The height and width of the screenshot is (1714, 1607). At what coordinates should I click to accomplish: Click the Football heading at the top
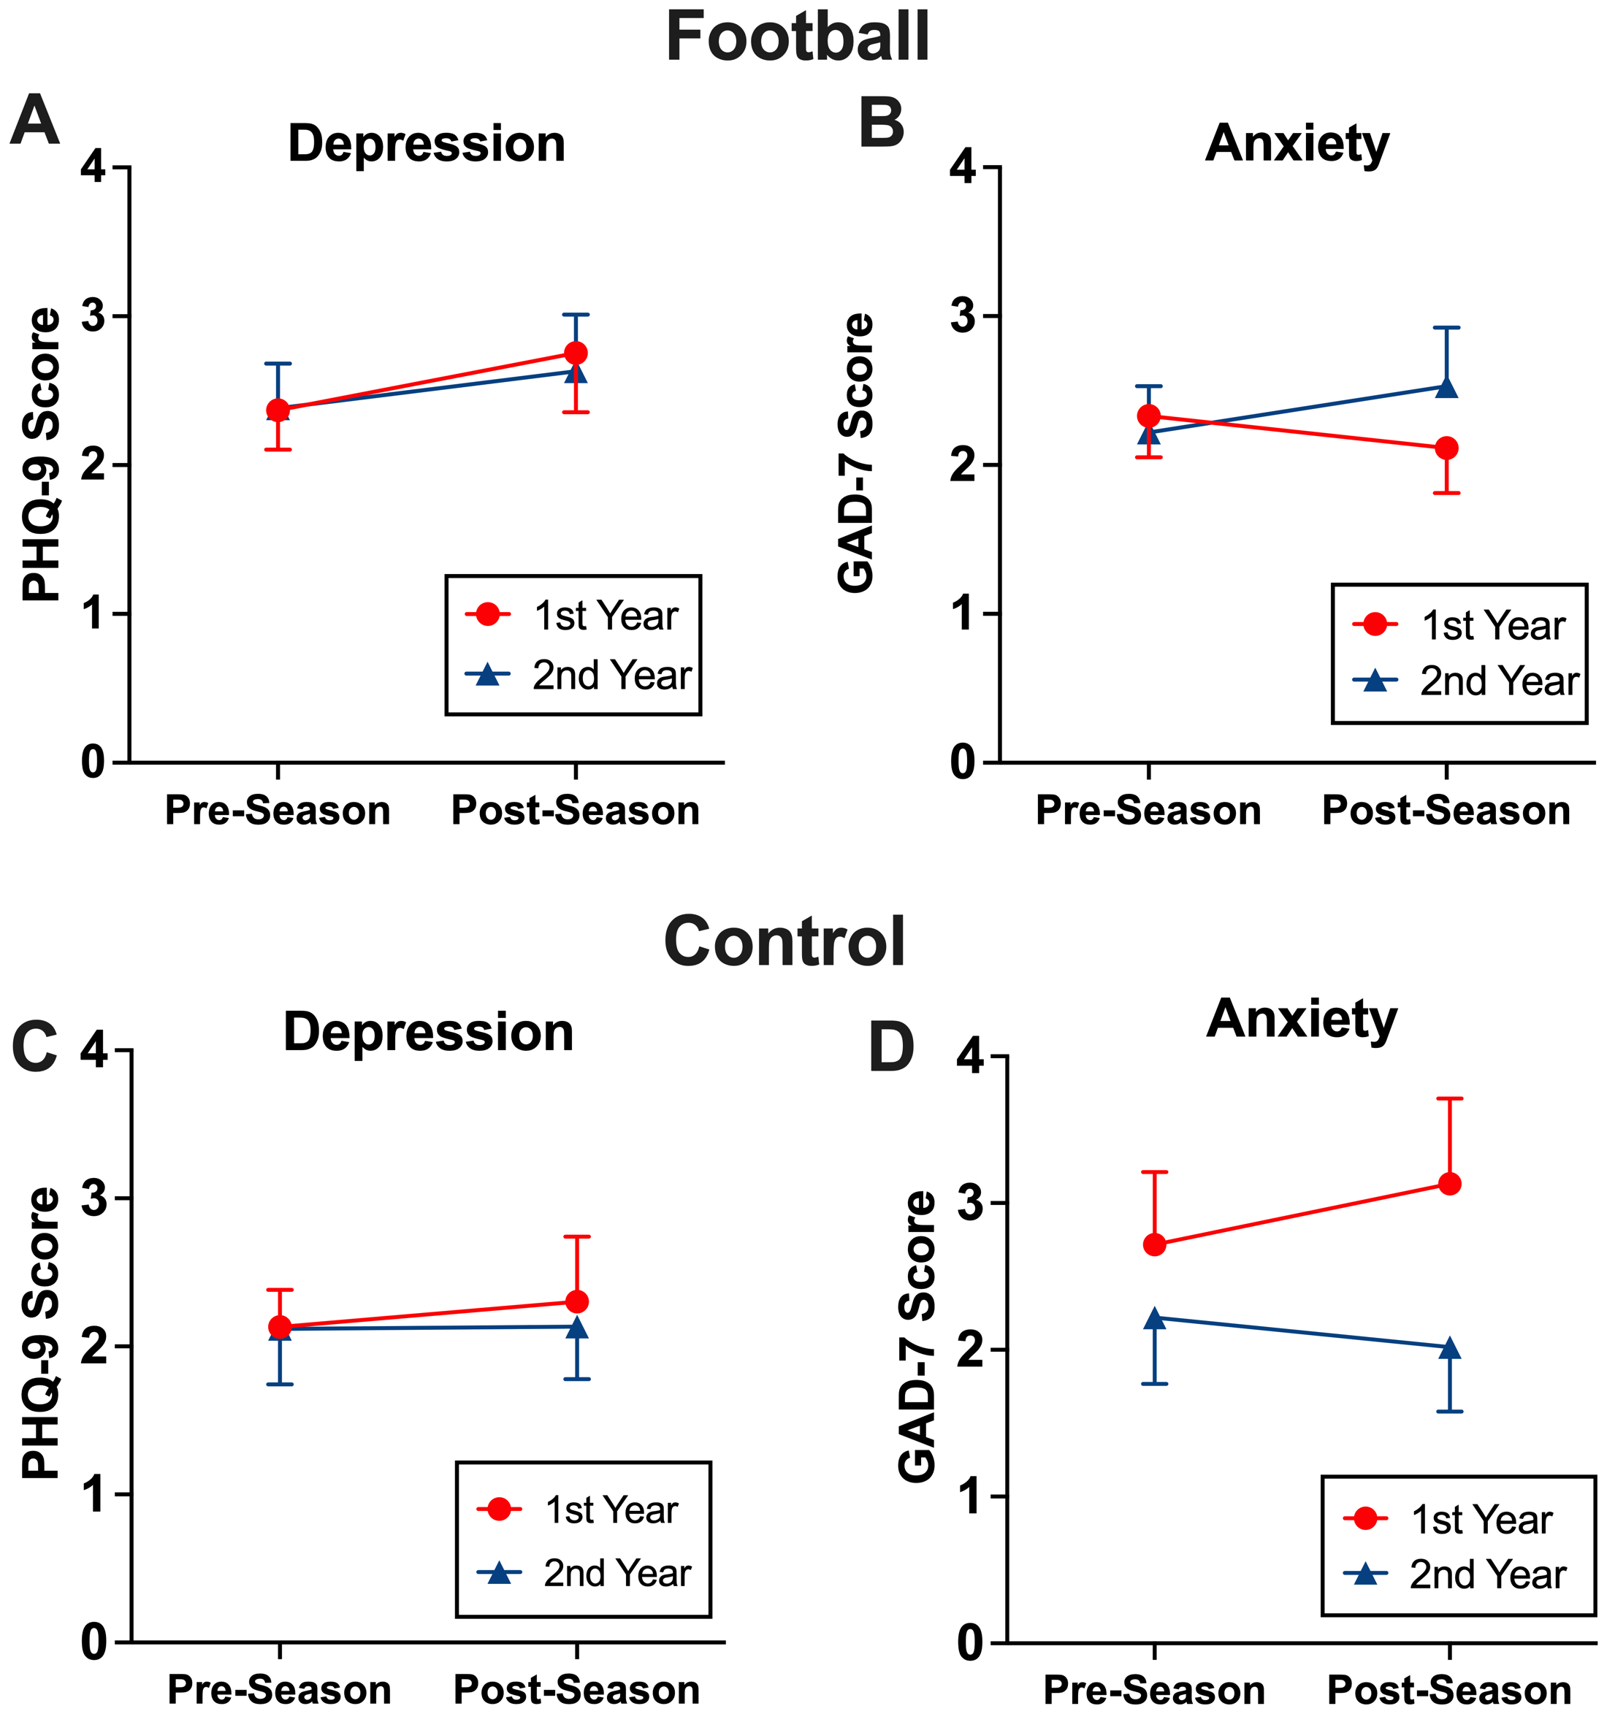tap(797, 38)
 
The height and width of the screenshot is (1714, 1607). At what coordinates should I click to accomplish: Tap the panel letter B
tap(882, 123)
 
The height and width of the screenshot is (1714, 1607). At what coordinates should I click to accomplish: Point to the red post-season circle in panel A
tap(576, 353)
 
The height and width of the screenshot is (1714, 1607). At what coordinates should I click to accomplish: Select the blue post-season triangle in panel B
tap(1446, 388)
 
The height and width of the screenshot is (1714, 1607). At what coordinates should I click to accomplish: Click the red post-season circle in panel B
tap(1446, 448)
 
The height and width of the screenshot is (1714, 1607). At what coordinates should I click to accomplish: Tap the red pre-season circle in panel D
tap(1154, 1245)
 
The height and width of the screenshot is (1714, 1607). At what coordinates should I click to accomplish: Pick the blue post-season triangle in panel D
tap(1450, 1348)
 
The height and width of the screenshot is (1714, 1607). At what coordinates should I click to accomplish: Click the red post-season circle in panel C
tap(577, 1302)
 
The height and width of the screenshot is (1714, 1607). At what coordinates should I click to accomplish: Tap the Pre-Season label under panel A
tap(278, 811)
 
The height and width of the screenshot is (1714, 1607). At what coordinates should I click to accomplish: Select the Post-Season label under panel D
tap(1449, 1691)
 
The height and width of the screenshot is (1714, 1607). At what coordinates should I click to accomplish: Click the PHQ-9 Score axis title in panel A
tap(42, 455)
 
